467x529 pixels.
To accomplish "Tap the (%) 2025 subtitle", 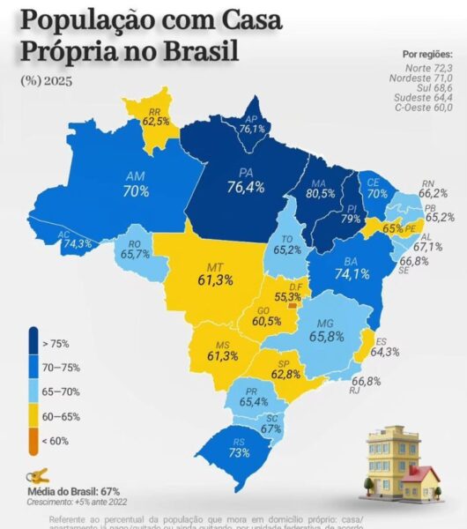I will (x=48, y=80).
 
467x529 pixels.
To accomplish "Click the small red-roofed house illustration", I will (x=420, y=482).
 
